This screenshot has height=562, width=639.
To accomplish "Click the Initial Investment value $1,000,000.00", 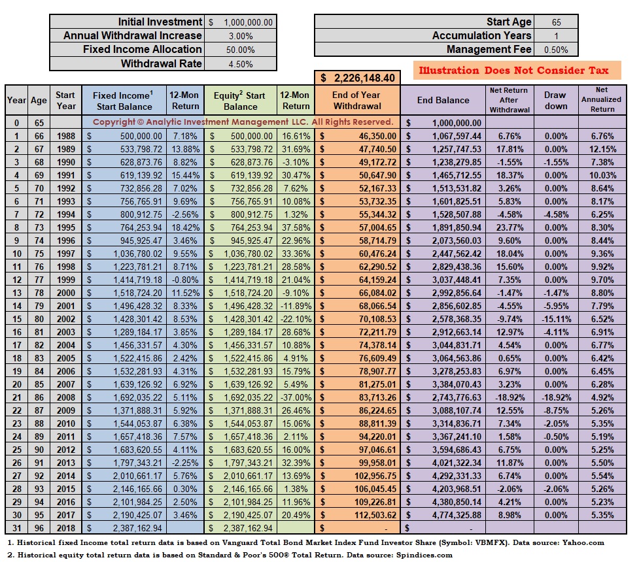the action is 241,22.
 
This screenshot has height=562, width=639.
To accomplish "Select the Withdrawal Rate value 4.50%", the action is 241,64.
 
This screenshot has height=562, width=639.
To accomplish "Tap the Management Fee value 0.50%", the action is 556,50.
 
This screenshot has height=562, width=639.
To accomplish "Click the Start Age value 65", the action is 557,22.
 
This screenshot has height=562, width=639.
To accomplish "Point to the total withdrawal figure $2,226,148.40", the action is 357,78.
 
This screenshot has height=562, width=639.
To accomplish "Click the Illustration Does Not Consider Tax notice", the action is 514,71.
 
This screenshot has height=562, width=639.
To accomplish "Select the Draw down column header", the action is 555,100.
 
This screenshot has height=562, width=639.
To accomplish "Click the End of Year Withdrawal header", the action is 356,100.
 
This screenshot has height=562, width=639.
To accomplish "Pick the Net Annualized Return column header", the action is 602,99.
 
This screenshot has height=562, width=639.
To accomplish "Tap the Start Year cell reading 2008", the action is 65,397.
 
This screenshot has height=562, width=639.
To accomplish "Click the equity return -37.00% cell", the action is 296,397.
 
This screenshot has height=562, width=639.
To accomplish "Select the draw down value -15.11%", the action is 557,319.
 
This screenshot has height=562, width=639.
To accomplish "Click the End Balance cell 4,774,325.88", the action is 457,515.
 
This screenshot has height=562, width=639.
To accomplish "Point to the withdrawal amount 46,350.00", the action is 377,136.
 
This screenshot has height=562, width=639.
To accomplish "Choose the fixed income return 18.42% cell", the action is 186,227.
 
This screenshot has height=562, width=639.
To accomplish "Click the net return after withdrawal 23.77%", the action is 509,227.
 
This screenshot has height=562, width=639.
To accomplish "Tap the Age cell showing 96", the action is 39,528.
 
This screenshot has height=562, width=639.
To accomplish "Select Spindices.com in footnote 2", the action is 424,555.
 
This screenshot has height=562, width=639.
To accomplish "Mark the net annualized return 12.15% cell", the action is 602,149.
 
